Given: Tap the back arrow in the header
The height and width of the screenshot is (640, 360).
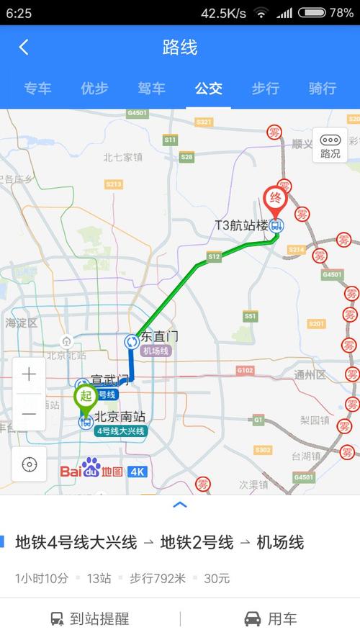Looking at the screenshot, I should coord(24,48).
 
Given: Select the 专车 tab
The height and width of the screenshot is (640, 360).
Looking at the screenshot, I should coord(37,89).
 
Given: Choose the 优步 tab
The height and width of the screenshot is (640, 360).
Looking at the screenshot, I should coord(94,89).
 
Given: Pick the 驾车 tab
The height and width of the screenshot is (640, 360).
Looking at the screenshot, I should coord(151,89).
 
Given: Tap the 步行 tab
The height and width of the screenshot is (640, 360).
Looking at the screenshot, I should coord(265,89).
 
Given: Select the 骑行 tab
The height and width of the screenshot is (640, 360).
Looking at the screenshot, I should coord(322,89).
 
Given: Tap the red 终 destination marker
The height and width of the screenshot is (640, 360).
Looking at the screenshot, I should coord(274,197).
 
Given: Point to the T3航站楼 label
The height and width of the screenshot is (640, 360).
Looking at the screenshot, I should coord(241,225).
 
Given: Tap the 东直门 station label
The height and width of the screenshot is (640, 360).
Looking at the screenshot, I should coord(159,336).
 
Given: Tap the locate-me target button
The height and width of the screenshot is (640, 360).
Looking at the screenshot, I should coord(29,464).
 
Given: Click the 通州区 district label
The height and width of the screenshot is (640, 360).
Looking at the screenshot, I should coord(310,375).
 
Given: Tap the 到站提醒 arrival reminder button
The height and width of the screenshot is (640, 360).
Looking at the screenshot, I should coord(90,618).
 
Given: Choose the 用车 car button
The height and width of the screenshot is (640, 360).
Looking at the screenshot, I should coord(270,618).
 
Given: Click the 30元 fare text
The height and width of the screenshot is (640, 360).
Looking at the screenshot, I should coord(217,578).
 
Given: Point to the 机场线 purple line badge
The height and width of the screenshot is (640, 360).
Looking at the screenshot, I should coord(156,351).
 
